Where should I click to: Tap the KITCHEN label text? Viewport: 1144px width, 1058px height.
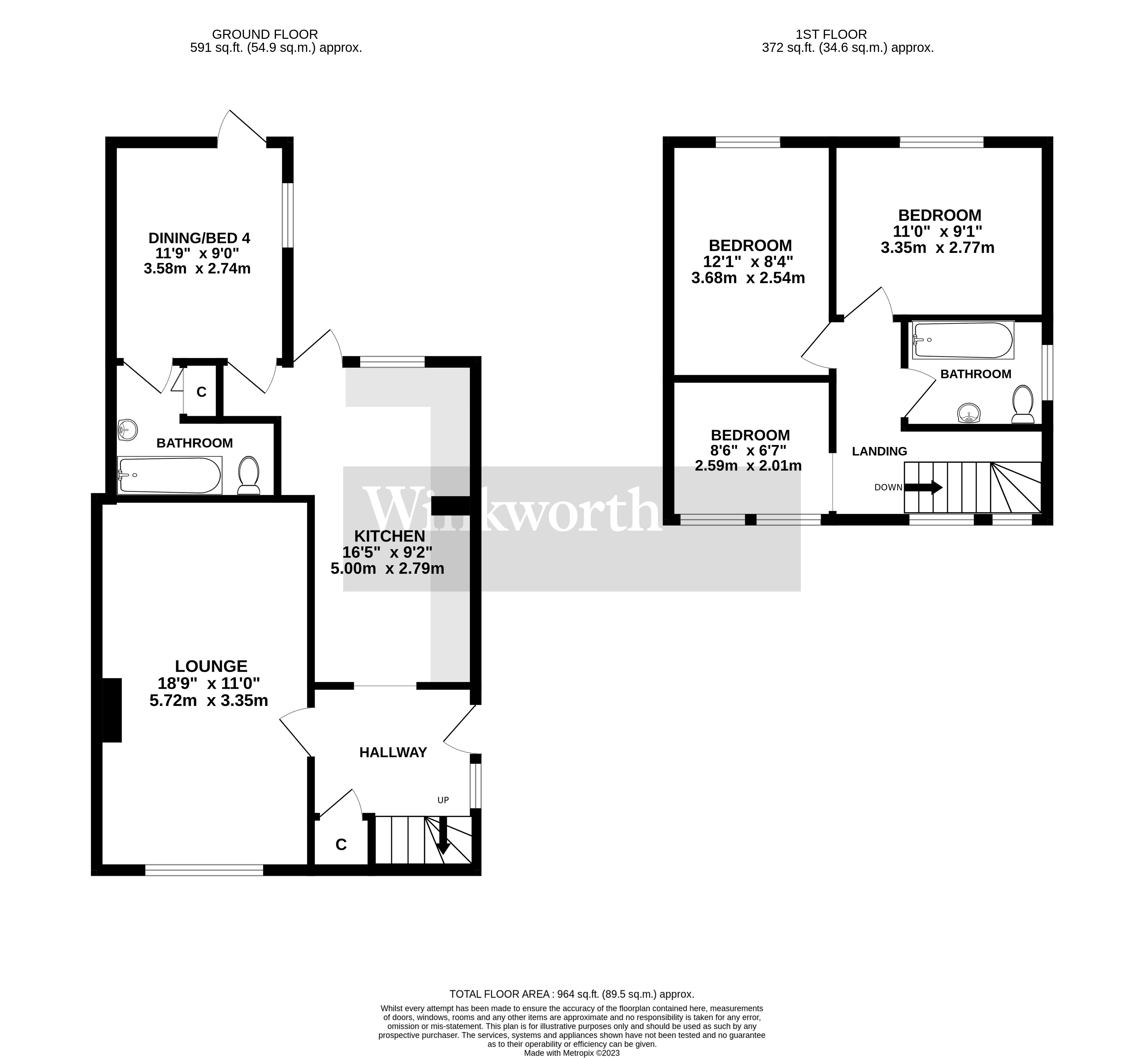point(389,536)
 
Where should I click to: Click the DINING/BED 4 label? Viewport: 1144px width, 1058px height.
point(199,238)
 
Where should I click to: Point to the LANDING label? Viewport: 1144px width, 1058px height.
point(879,451)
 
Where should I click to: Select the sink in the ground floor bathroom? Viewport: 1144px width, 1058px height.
point(128,429)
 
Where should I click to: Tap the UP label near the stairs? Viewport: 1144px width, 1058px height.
point(443,800)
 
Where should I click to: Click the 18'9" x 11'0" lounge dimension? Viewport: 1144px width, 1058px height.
point(209,683)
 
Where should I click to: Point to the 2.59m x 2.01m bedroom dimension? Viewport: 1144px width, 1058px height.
point(748,466)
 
